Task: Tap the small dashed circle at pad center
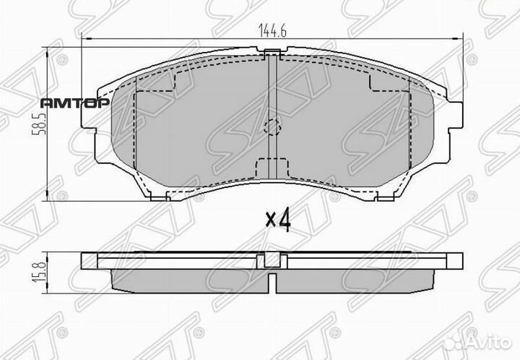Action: pos(272,127)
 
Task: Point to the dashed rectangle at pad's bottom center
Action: pos(272,168)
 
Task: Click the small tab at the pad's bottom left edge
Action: pos(168,195)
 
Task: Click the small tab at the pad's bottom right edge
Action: pos(376,195)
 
